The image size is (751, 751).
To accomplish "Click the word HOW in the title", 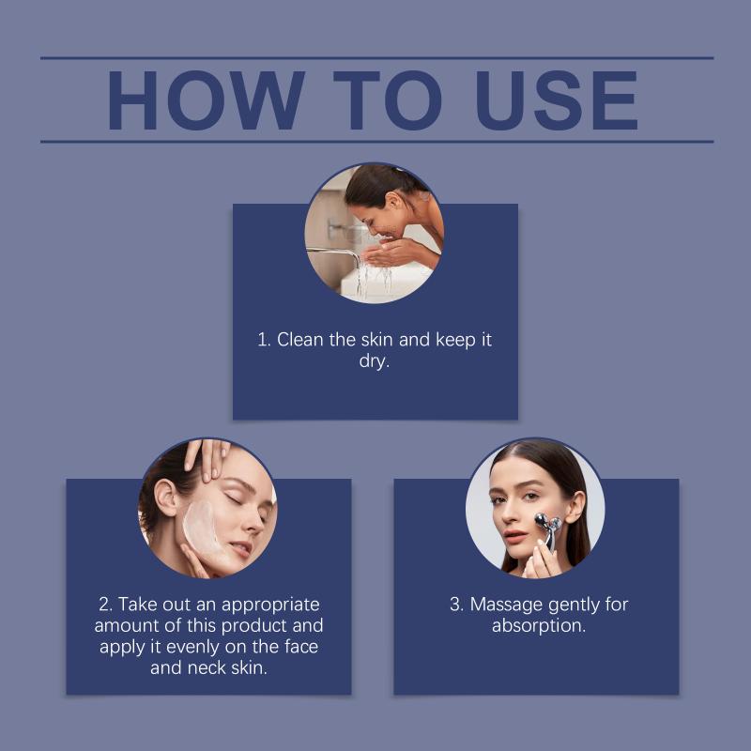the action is click(207, 100).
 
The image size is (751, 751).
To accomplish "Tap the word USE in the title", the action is click(556, 100).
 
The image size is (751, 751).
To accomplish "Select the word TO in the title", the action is click(388, 100).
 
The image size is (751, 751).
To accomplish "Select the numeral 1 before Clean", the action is click(263, 340).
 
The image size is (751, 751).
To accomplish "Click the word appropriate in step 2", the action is click(270, 605).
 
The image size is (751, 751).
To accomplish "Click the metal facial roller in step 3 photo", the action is click(549, 529).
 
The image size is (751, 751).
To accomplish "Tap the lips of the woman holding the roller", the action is click(515, 536).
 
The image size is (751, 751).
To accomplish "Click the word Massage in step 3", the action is click(507, 605).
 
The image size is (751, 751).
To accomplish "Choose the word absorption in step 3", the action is click(538, 626).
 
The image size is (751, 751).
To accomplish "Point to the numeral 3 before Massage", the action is click(456, 605).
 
